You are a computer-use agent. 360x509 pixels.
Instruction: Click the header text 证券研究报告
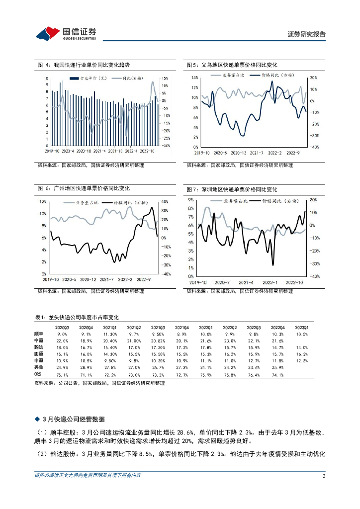coord(306,34)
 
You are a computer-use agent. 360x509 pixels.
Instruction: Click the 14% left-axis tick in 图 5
coord(194,78)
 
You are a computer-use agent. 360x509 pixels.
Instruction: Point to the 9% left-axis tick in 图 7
coord(191,200)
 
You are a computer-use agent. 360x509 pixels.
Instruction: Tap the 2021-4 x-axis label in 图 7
coord(246,282)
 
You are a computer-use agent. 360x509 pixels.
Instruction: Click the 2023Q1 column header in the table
coord(302,327)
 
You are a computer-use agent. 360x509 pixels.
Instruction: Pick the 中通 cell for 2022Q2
coord(230,340)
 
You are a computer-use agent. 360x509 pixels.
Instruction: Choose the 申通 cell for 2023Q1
coord(302,360)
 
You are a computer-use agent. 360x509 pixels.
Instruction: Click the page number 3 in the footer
coord(324,477)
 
